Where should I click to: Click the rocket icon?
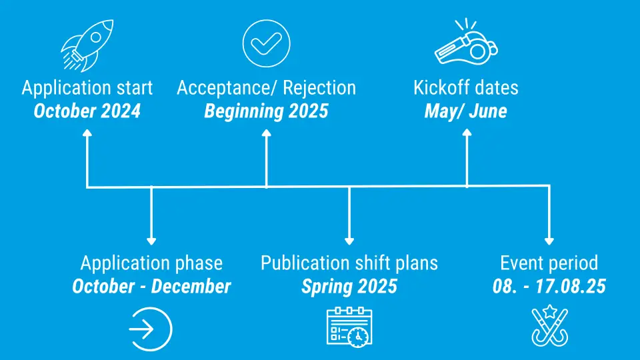pos(87,46)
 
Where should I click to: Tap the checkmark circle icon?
pos(266,43)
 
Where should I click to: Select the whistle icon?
pos(466,42)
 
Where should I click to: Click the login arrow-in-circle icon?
pos(151,329)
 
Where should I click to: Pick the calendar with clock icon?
pos(349,327)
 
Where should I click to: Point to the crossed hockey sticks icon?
pos(549,326)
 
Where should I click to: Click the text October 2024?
pos(87,111)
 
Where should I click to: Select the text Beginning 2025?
pos(266,111)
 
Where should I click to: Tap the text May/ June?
pos(466,111)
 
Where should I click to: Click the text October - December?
pos(151,286)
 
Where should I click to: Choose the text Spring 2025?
pos(349,286)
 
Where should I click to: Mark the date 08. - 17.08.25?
pos(549,286)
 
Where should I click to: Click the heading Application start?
pos(87,88)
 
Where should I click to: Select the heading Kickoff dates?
pos(466,88)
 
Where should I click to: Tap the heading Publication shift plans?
pos(349,263)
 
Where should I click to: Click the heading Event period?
pos(549,263)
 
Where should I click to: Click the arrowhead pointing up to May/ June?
pos(467,133)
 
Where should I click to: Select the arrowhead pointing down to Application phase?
pos(151,241)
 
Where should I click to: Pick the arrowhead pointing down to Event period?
pos(549,241)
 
